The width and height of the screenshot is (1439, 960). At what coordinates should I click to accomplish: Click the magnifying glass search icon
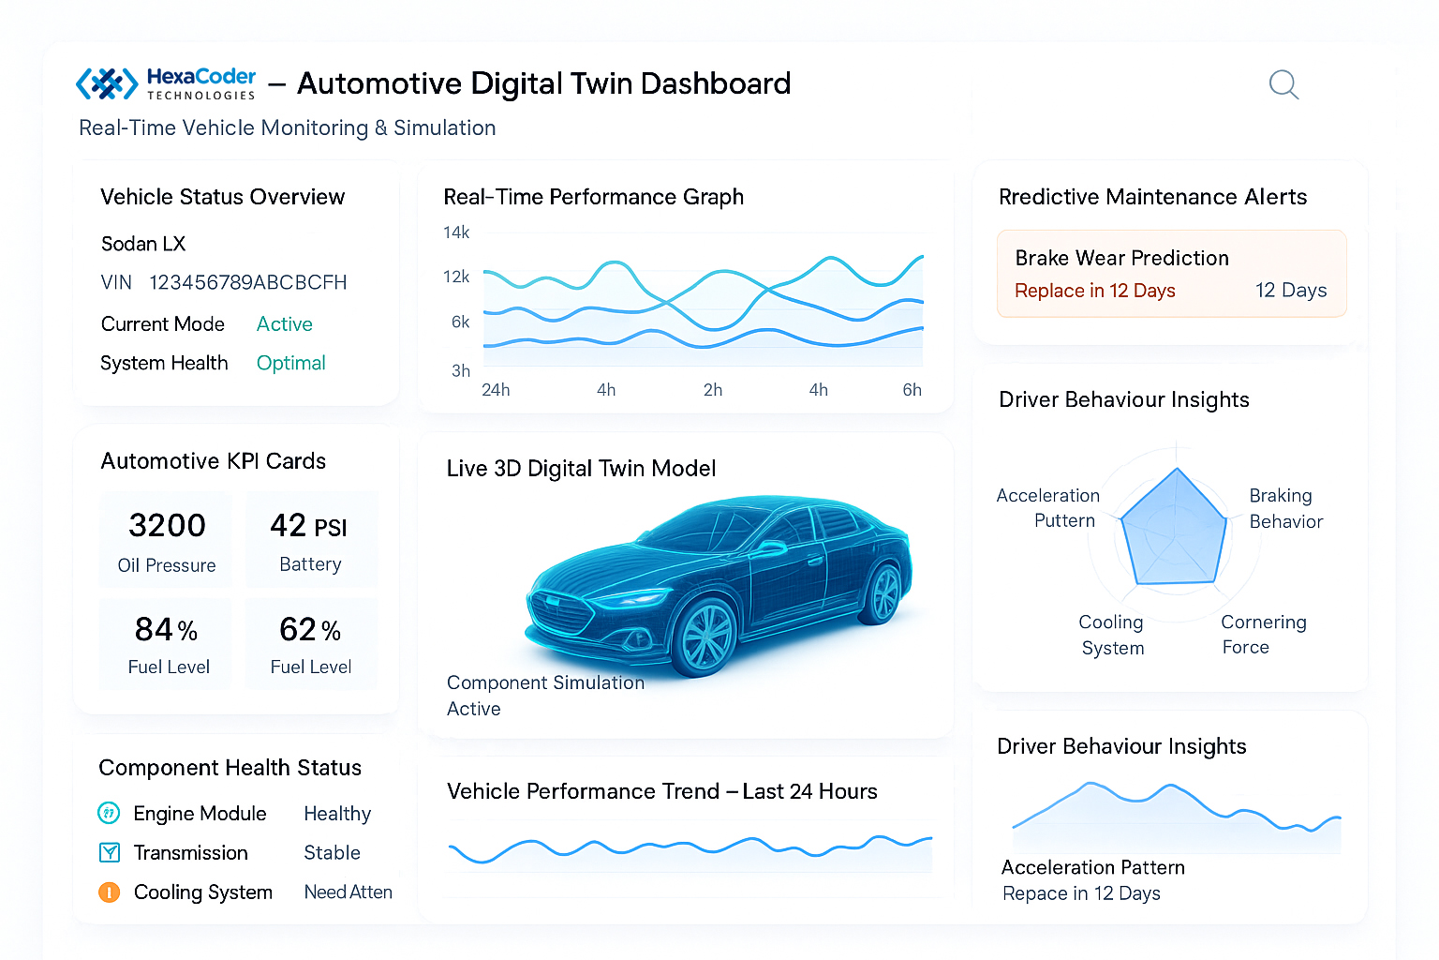tap(1283, 84)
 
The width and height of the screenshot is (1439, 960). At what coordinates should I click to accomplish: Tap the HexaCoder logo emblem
tap(107, 83)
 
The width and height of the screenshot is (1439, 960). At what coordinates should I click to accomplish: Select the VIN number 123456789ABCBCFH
tap(247, 282)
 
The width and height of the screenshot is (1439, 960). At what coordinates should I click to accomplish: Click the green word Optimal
tap(290, 363)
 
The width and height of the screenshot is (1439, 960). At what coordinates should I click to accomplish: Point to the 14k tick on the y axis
tap(456, 232)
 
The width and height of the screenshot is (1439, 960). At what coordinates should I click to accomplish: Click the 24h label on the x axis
tap(496, 390)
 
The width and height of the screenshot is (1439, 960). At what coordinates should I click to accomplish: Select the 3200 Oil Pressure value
tap(167, 525)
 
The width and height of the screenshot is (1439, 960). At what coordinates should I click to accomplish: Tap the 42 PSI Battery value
tap(308, 526)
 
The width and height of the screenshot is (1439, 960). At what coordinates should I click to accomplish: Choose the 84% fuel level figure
tap(166, 630)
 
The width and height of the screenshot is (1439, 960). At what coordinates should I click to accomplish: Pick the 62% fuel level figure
tap(310, 630)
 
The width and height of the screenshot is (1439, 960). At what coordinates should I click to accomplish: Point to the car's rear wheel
tap(883, 593)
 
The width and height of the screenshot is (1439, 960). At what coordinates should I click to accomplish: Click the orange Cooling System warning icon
tap(110, 892)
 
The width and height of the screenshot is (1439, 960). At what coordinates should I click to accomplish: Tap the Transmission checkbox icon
tap(110, 852)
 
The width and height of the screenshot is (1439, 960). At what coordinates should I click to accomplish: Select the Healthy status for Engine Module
tap(337, 814)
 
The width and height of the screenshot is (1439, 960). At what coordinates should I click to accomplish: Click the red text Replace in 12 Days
tap(1094, 291)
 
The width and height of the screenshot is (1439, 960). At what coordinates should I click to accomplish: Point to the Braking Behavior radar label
tap(1285, 508)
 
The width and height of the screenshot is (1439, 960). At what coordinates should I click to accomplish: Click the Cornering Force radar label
tap(1263, 635)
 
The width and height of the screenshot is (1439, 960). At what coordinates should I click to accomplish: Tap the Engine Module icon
tap(109, 813)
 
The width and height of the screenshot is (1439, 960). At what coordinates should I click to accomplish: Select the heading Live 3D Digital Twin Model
tap(581, 469)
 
